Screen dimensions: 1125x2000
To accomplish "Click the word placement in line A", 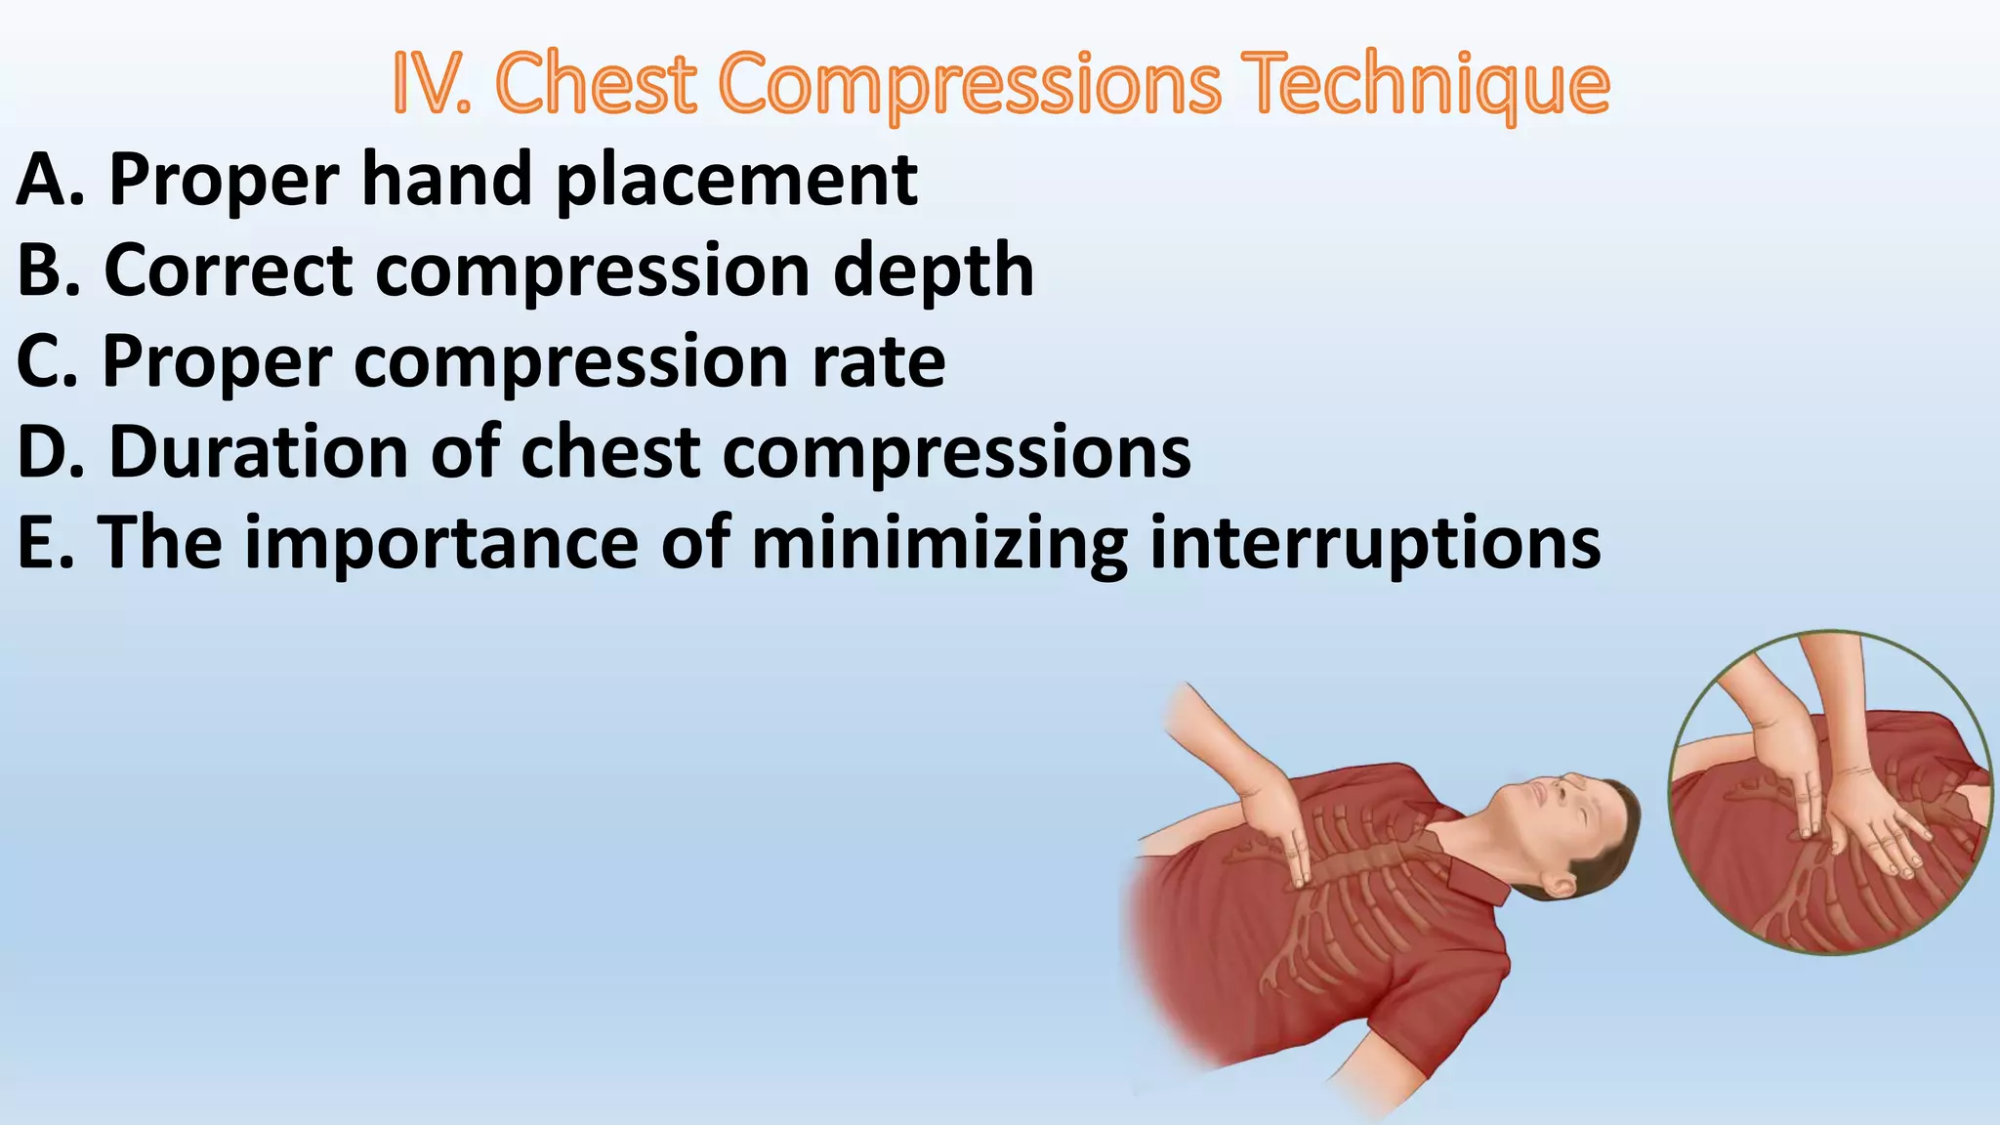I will coord(737,181).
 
